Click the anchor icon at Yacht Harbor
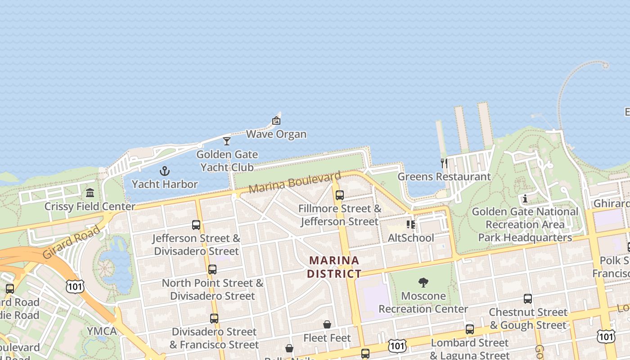pos(165,171)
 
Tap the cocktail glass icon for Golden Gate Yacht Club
pos(227,141)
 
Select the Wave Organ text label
pos(276,134)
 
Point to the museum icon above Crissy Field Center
pos(90,193)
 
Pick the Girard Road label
pos(72,242)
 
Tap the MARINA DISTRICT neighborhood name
pos(334,267)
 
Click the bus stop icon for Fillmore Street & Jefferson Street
pos(340,195)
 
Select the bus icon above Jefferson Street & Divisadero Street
pos(196,225)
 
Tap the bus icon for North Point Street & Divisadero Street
pos(212,270)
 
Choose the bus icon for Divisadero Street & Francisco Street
pos(214,318)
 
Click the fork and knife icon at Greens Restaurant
pos(444,163)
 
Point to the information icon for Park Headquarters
pos(525,198)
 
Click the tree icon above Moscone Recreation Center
pos(423,283)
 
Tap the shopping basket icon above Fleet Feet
pos(327,324)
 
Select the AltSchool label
pos(411,238)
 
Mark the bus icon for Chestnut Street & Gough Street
pos(528,299)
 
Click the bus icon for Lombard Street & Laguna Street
pos(470,329)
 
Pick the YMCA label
pos(101,331)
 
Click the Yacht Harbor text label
pos(165,184)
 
